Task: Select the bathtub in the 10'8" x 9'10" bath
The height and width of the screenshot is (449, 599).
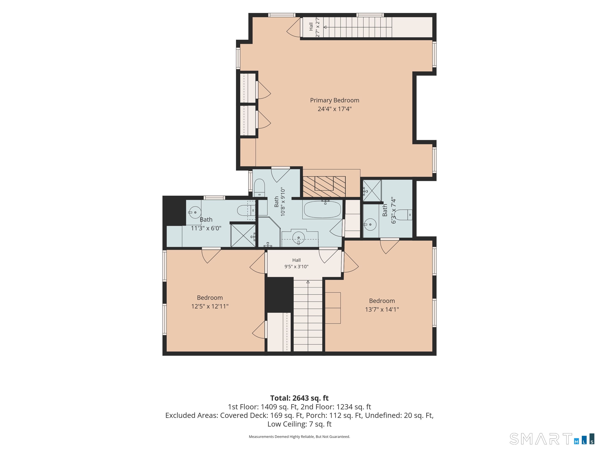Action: (x=323, y=209)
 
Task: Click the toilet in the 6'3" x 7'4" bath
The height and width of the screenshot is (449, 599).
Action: (x=403, y=215)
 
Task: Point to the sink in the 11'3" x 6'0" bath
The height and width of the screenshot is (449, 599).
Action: (x=195, y=212)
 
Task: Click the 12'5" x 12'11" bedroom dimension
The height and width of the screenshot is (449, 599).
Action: (x=210, y=306)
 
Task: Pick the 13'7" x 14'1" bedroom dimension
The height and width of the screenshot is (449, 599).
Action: (x=382, y=309)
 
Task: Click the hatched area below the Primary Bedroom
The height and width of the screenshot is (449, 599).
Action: (x=324, y=187)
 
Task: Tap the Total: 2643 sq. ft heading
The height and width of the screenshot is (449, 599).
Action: (x=299, y=398)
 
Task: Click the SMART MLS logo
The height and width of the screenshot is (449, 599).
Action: (x=552, y=439)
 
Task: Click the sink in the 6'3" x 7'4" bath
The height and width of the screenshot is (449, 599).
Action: (x=370, y=224)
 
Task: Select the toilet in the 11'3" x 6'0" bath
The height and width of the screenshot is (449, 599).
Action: (x=246, y=210)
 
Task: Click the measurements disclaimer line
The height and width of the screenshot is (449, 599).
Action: (x=299, y=437)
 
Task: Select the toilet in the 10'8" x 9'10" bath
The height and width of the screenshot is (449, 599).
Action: (x=259, y=187)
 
